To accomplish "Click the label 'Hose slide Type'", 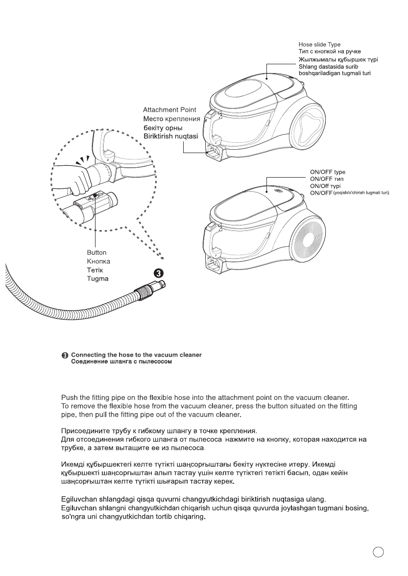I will (x=319, y=44).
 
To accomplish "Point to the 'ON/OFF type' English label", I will (x=328, y=173).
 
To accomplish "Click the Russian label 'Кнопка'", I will (x=98, y=262).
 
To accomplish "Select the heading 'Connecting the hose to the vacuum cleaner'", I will (x=136, y=355).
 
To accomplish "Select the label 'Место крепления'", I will (x=170, y=119).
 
